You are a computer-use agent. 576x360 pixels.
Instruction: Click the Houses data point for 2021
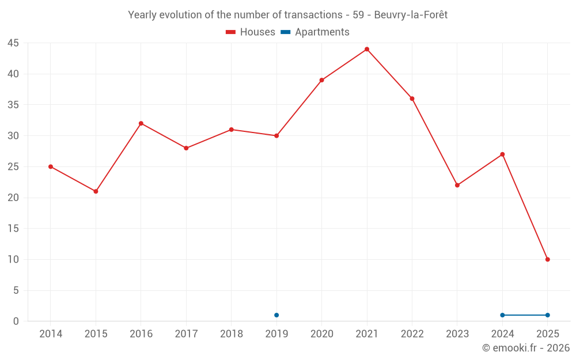[367, 49]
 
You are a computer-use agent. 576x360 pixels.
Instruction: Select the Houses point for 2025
[548, 259]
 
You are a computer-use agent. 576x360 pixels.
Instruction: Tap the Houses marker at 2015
[96, 191]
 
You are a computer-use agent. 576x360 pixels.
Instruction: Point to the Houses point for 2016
[141, 123]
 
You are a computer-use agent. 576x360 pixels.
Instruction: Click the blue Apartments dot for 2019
[276, 315]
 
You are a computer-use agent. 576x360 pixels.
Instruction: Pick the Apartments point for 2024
[503, 315]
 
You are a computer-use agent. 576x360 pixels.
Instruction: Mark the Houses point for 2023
[457, 185]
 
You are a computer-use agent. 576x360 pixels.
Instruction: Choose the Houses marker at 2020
[322, 80]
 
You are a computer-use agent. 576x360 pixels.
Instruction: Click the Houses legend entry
[251, 32]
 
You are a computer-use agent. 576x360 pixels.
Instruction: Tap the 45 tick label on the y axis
[13, 43]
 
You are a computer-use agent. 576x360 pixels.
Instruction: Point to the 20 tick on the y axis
[13, 198]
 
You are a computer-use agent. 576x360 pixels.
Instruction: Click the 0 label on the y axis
[16, 321]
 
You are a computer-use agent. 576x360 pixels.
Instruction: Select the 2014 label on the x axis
[51, 334]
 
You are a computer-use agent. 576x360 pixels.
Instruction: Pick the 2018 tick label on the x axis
[232, 334]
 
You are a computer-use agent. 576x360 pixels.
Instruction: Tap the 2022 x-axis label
[412, 334]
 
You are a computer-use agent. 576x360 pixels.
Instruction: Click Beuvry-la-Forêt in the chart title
[411, 15]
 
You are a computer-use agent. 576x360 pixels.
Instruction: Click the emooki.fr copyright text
[526, 348]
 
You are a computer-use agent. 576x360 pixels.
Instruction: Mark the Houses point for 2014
[51, 166]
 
